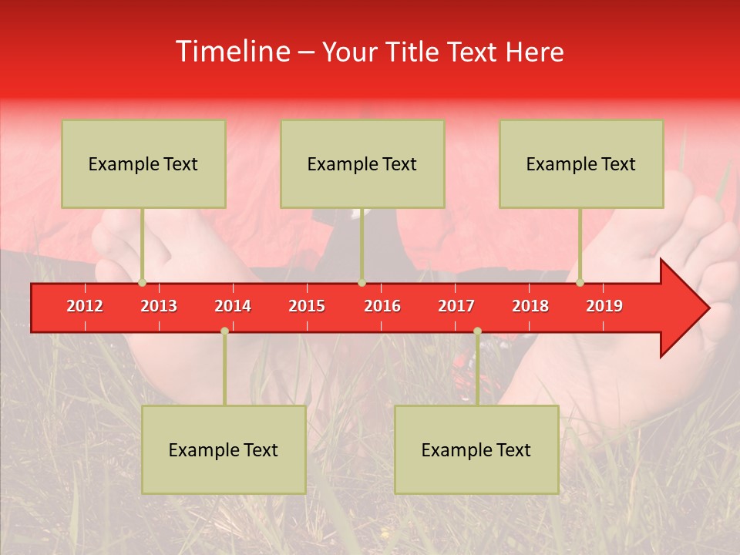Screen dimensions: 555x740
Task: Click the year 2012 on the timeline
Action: point(85,306)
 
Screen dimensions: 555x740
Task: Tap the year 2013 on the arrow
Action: point(159,306)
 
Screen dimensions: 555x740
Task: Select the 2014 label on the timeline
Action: point(233,306)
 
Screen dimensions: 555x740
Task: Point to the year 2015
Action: point(307,306)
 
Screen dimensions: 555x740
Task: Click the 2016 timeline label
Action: point(382,306)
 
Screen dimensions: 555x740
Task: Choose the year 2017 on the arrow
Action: point(456,306)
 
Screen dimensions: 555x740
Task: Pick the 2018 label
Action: point(530,306)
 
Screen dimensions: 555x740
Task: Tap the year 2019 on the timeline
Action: point(604,306)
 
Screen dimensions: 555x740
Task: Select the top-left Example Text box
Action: point(143,163)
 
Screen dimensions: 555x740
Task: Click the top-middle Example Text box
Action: point(362,163)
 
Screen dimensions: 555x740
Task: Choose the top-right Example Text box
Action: point(581,163)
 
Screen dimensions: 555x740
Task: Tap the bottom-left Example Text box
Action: point(224,449)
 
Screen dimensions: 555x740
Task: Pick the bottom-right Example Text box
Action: point(476,449)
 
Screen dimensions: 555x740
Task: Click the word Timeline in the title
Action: point(231,52)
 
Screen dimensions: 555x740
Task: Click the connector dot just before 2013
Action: point(142,283)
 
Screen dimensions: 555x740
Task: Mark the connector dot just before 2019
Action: point(580,283)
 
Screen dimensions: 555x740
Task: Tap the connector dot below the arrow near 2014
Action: point(224,331)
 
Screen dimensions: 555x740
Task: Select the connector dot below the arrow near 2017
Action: point(477,331)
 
